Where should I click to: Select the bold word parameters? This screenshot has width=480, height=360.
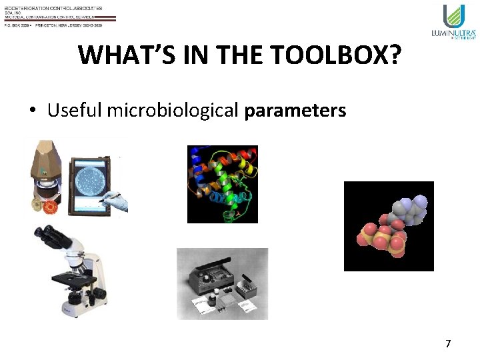[x=295, y=110]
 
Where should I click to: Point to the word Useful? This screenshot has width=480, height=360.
[x=72, y=110]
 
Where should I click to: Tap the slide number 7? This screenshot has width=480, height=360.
[x=448, y=344]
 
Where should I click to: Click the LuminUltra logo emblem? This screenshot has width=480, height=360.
[x=453, y=16]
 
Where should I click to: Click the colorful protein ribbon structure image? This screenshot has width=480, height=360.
[x=222, y=184]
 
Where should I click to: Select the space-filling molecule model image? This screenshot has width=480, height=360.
[x=389, y=226]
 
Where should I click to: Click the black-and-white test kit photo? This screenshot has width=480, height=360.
[x=222, y=283]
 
